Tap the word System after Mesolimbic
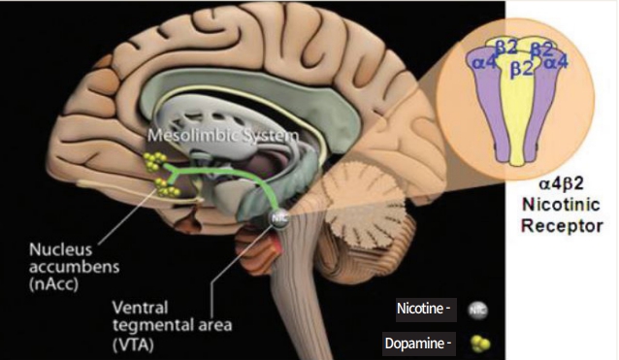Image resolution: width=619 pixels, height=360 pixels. (x=269, y=135)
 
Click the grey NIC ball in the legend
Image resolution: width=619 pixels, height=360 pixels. (x=477, y=311)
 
